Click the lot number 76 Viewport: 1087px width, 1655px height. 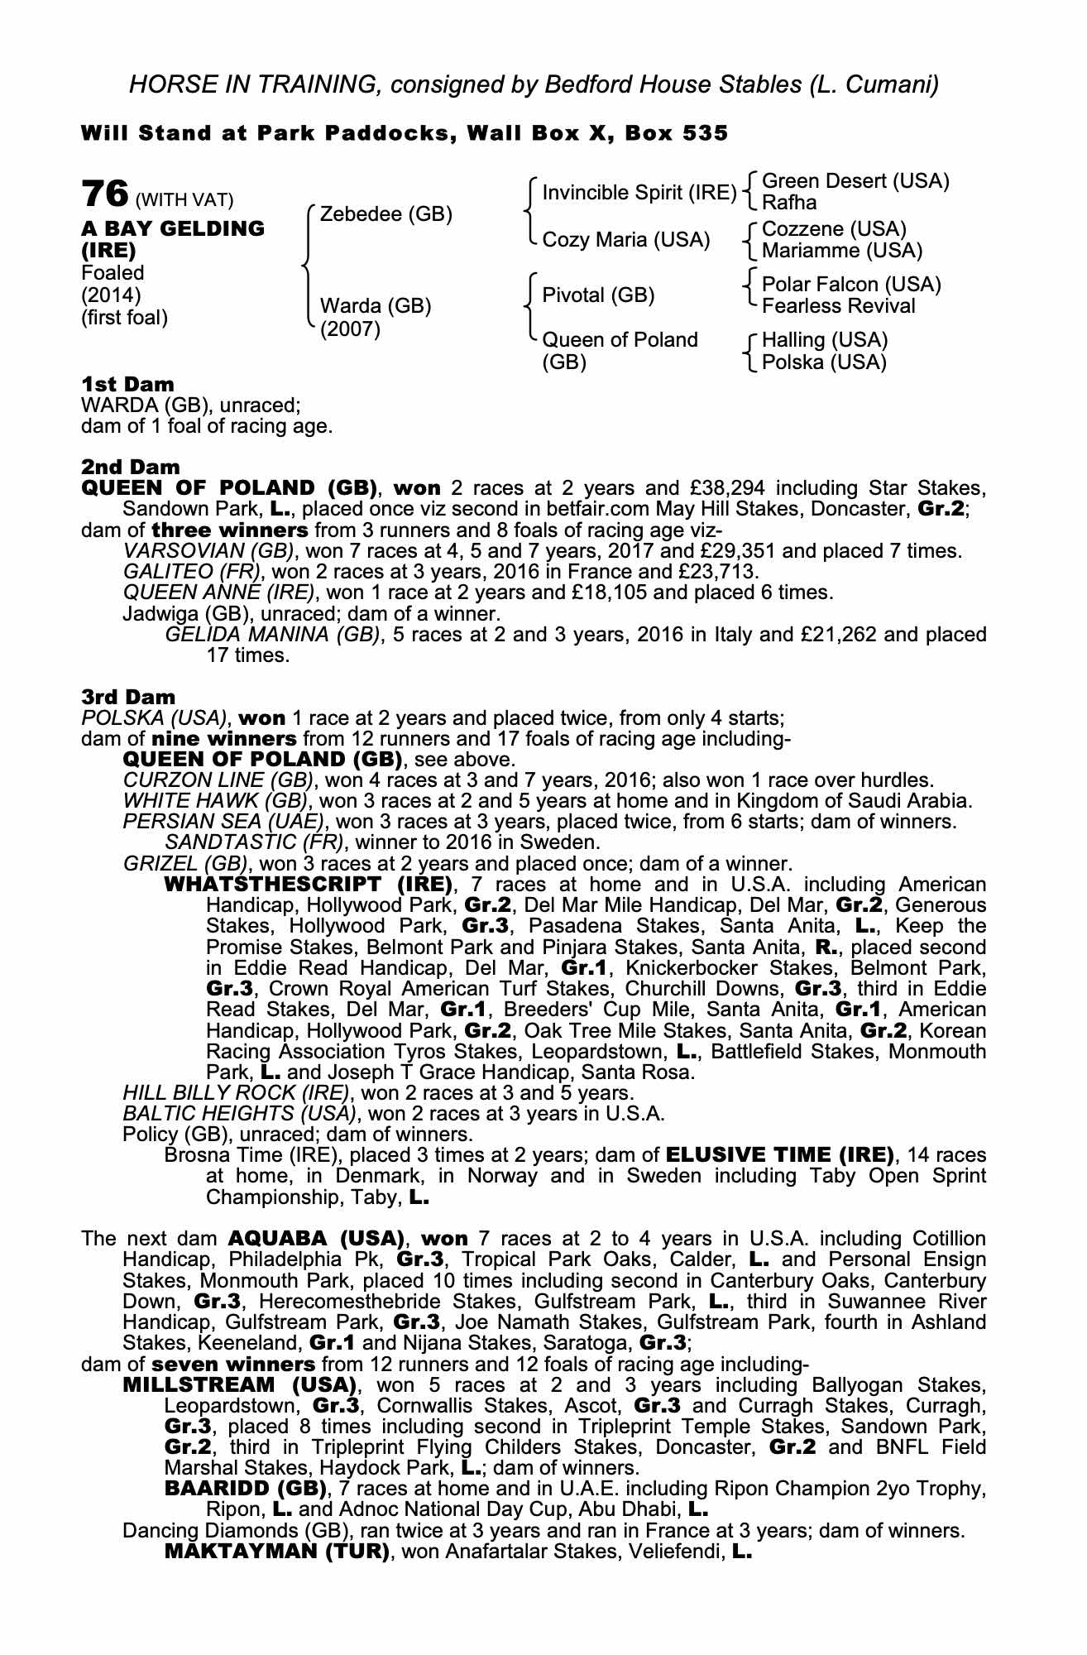pyautogui.click(x=104, y=194)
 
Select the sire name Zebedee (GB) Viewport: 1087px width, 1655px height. pyautogui.click(x=385, y=214)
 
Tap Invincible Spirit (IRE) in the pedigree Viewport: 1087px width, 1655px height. pyautogui.click(x=639, y=193)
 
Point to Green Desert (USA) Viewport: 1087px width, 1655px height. pyautogui.click(x=855, y=181)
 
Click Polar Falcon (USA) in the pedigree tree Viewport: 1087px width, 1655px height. pyautogui.click(x=850, y=285)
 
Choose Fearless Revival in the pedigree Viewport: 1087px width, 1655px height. pyautogui.click(x=838, y=306)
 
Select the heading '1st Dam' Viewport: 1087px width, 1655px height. pyautogui.click(x=127, y=384)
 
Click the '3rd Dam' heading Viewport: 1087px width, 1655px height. pyautogui.click(x=128, y=697)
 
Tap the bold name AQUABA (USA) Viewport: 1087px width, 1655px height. pyautogui.click(x=315, y=1239)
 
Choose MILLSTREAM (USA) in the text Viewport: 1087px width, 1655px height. pyautogui.click(x=239, y=1384)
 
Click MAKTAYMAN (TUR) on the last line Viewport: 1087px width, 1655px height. pyautogui.click(x=276, y=1552)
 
